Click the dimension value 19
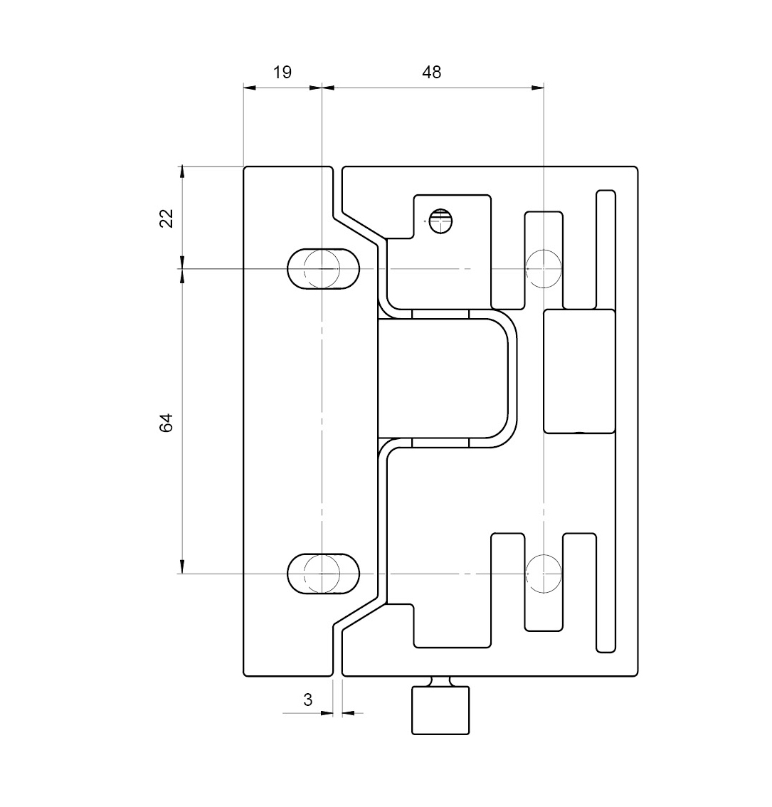(x=282, y=72)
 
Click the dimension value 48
(x=431, y=72)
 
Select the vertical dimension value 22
(x=166, y=218)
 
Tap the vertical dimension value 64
(x=166, y=422)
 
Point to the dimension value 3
(x=308, y=700)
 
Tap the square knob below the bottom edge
(x=440, y=710)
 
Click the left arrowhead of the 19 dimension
(x=249, y=88)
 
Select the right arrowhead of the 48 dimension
(x=538, y=88)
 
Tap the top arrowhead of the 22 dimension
(x=181, y=172)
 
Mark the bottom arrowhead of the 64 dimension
(x=181, y=566)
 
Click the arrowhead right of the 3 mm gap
(x=349, y=713)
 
